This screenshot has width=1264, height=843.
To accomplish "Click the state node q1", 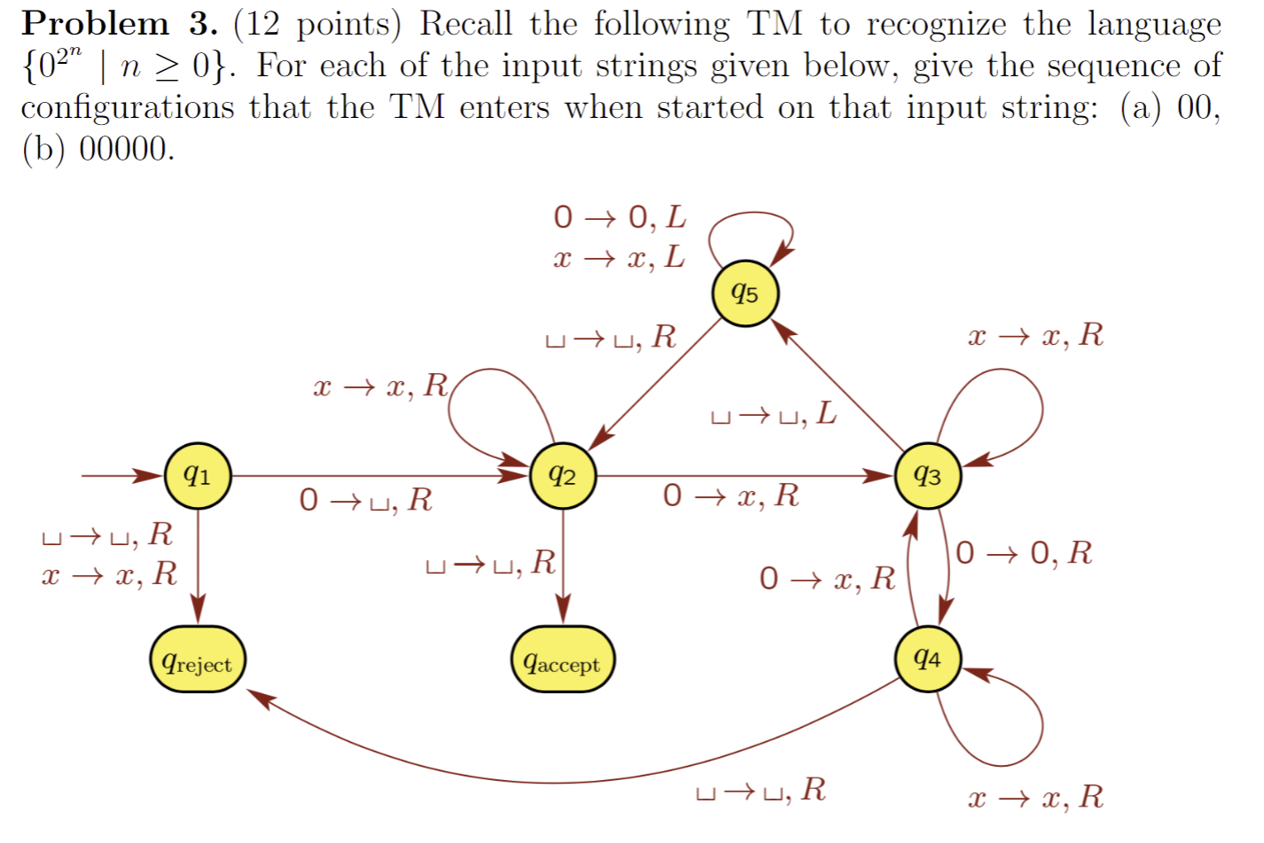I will coord(198,476).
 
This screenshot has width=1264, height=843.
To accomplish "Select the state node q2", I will coord(563,476).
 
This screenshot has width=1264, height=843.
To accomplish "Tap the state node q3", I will coord(927,476).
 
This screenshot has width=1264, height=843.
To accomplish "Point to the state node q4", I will coord(927,659).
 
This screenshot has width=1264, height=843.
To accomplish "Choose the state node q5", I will coord(745,293).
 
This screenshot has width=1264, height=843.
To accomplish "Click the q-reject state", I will coord(198,660).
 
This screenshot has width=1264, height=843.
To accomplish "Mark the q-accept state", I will coord(563,660).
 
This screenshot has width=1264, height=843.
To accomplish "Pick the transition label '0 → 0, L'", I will coord(620,217).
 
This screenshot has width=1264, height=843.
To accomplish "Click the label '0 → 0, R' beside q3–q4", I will coord(1024,553).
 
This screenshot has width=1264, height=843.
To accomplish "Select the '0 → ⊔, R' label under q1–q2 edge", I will coord(365,500).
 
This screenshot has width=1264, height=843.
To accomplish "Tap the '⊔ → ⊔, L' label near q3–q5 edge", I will coord(774,414).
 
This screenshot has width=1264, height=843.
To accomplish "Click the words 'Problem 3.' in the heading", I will coord(119,24).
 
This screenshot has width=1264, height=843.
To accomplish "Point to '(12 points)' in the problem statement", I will coord(317,24).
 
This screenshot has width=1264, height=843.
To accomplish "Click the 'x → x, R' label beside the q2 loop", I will coord(380,386).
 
